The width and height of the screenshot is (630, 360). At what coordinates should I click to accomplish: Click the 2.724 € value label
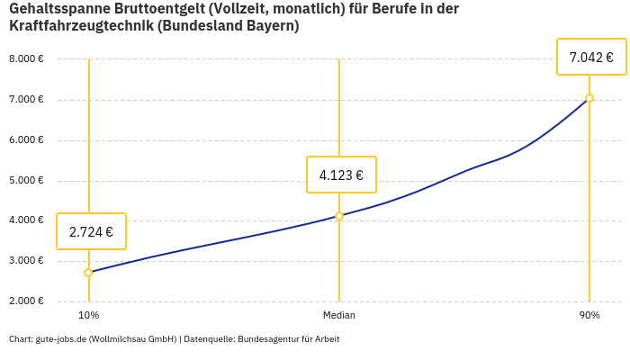[91, 231]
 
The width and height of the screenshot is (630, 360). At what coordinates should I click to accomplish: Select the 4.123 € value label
[341, 175]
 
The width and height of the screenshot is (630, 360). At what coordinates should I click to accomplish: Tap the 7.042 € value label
[591, 58]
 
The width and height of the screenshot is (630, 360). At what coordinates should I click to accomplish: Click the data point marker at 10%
[88, 273]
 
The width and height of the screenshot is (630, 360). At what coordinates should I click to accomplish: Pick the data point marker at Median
[339, 216]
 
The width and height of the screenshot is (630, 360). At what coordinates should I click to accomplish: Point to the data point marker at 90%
[589, 98]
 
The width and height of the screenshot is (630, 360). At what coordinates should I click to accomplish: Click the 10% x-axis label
[88, 315]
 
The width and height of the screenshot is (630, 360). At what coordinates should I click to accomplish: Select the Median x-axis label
[339, 315]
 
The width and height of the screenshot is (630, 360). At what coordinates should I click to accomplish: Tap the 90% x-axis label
[589, 315]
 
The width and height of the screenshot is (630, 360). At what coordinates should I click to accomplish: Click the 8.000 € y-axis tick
[26, 59]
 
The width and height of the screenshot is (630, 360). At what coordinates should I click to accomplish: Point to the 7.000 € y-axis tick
[26, 99]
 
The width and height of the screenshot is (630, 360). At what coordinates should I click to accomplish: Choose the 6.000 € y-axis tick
[26, 139]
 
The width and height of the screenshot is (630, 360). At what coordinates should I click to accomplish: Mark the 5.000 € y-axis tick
[26, 180]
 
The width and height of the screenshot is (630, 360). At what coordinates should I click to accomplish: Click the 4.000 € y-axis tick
[26, 220]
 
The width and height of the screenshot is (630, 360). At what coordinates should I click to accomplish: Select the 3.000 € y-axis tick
[26, 261]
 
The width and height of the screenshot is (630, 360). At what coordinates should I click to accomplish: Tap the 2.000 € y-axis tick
[26, 301]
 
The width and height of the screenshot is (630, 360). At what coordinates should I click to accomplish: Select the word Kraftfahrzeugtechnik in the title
[82, 26]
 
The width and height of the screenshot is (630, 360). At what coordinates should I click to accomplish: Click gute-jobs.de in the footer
[61, 339]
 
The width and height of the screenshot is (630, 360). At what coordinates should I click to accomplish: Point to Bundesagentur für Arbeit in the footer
[289, 339]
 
